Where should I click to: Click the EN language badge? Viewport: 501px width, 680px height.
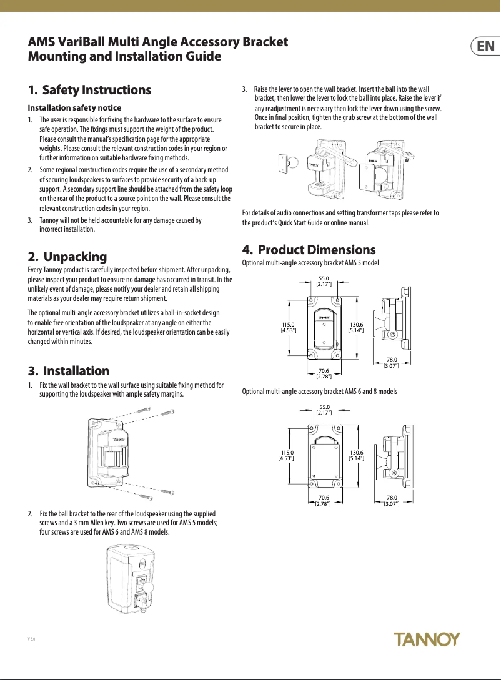(485, 47)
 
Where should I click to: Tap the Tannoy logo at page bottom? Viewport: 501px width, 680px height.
(427, 639)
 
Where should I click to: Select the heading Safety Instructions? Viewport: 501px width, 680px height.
(90, 90)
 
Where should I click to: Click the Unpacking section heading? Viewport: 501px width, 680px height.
(67, 257)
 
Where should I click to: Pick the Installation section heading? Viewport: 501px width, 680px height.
(69, 371)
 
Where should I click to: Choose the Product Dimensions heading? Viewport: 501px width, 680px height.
(309, 250)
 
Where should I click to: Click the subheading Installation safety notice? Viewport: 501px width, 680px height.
(74, 108)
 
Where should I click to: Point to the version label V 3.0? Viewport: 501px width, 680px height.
(31, 641)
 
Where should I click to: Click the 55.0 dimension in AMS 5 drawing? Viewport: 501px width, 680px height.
(324, 282)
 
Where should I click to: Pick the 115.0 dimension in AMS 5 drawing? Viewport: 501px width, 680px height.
(288, 327)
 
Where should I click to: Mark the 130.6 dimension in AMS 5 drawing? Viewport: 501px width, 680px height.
(356, 327)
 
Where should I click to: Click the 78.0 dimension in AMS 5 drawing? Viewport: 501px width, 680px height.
(392, 362)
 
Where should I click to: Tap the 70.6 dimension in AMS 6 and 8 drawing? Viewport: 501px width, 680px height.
(324, 500)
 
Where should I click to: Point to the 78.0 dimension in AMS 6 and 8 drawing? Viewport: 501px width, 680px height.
(392, 500)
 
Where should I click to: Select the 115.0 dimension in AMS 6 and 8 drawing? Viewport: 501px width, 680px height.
(286, 455)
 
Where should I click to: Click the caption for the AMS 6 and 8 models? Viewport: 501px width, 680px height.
(319, 392)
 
